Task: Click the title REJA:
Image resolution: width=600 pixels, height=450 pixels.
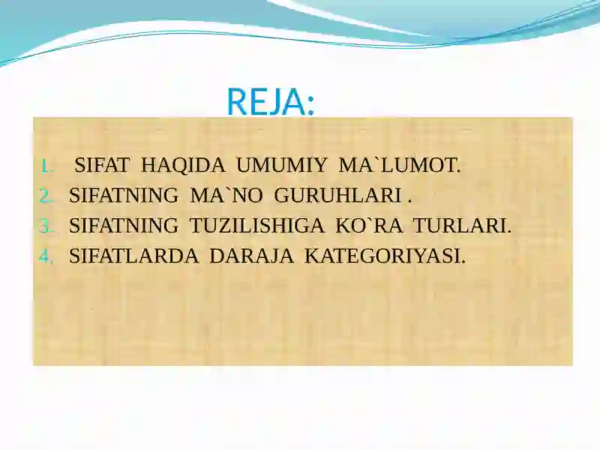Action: click(x=270, y=102)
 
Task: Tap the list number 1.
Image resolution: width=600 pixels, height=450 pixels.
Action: click(x=45, y=166)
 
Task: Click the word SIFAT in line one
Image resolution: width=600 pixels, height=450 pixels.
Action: click(x=103, y=166)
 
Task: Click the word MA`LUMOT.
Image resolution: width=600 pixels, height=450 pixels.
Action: click(x=399, y=166)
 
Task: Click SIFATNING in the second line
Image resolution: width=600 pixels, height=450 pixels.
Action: click(x=123, y=196)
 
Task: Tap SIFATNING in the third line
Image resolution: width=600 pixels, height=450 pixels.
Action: click(x=123, y=226)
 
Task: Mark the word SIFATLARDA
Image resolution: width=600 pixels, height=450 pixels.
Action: click(x=133, y=256)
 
